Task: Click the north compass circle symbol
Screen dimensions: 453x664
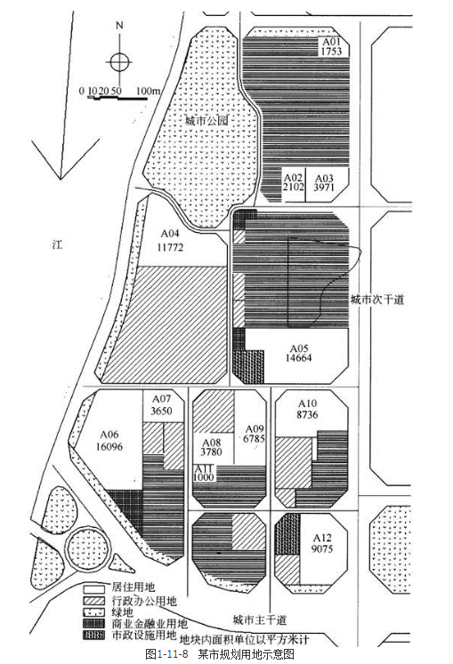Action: pyautogui.click(x=119, y=62)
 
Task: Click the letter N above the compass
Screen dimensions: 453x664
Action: pyautogui.click(x=119, y=26)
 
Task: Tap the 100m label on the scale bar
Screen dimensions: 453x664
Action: pyautogui.click(x=148, y=91)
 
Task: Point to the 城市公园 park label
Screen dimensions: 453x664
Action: pyautogui.click(x=207, y=121)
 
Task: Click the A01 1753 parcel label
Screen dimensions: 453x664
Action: pyautogui.click(x=331, y=46)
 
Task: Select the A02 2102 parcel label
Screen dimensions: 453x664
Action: pyautogui.click(x=293, y=182)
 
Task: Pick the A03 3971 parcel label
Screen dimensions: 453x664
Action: pyautogui.click(x=324, y=182)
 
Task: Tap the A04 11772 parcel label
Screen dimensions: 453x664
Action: pyautogui.click(x=170, y=241)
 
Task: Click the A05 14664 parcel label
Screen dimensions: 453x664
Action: pyautogui.click(x=299, y=353)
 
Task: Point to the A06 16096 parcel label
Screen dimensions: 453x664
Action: pyautogui.click(x=109, y=440)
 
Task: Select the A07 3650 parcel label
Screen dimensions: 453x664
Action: pyautogui.click(x=162, y=405)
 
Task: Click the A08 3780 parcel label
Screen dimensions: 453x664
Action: pyautogui.click(x=211, y=447)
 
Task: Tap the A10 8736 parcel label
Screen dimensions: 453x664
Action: pyautogui.click(x=307, y=409)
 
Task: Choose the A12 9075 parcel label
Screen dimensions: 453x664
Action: pyautogui.click(x=322, y=544)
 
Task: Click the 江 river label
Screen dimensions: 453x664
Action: pyautogui.click(x=57, y=244)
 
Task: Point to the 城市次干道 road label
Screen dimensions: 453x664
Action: pyautogui.click(x=377, y=300)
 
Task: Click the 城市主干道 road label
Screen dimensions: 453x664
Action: pyautogui.click(x=260, y=620)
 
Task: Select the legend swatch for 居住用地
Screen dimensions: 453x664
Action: pyautogui.click(x=93, y=589)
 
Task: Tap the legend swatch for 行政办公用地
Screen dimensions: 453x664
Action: pyautogui.click(x=93, y=601)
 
